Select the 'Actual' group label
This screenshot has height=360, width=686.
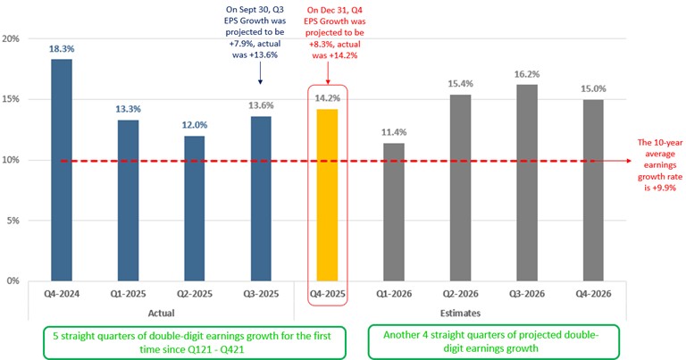coord(163,313)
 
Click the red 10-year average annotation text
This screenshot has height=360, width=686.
coord(657,160)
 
